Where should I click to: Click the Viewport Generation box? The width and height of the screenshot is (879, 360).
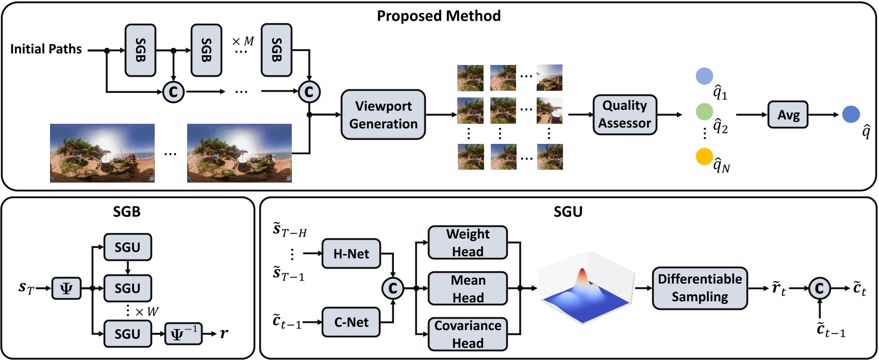[x=383, y=114]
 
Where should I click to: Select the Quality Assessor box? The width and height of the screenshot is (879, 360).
[x=624, y=114]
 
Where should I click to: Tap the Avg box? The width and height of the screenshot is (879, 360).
[x=788, y=114]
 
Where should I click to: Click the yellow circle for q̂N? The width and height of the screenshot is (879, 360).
[x=704, y=156]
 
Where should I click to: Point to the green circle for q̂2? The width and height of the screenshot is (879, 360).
[x=704, y=111]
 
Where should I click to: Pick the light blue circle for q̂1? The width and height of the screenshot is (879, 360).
[x=704, y=76]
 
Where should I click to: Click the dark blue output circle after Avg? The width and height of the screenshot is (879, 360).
[x=851, y=114]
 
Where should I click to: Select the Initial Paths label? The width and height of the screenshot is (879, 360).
[x=46, y=50]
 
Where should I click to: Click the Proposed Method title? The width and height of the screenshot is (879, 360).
[x=439, y=16]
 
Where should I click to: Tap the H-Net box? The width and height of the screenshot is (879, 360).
[x=351, y=254]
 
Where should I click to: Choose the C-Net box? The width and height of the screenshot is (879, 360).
[x=351, y=322]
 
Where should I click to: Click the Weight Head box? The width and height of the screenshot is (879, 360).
[x=468, y=242]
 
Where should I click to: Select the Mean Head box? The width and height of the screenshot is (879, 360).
[x=468, y=288]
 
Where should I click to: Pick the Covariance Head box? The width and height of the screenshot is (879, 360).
[x=468, y=334]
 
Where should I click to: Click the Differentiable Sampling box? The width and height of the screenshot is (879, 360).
[x=700, y=288]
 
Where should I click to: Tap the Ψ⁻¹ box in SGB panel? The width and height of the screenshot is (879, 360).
[x=184, y=334]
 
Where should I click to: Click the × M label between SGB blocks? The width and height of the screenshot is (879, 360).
[x=243, y=41]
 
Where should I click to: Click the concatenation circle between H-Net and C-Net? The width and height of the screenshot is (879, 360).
[x=392, y=288]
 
